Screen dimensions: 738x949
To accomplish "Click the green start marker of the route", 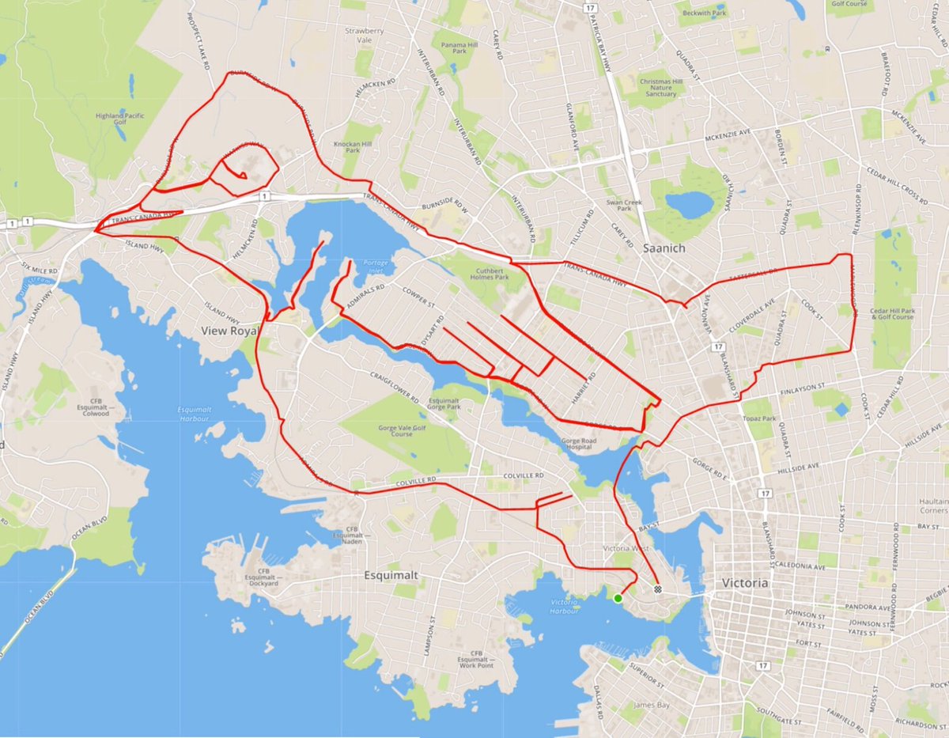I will tap(618, 598).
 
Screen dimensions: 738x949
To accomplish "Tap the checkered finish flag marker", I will tap(658, 589).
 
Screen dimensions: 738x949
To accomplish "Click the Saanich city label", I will tap(667, 248).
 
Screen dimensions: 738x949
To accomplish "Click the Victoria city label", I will tap(745, 583).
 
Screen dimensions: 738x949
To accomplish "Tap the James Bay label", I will tap(648, 704).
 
